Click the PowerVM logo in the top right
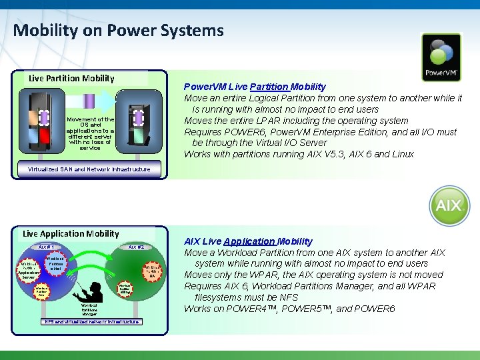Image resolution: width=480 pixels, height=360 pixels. [441, 57]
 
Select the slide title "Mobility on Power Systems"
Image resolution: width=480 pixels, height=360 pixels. [118, 30]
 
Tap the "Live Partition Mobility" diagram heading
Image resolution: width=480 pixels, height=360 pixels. [71, 78]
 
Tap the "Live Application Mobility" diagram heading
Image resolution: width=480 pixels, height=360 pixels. [71, 233]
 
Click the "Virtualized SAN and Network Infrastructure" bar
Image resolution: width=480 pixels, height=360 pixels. [89, 169]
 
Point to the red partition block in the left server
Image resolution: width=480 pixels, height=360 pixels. [45, 137]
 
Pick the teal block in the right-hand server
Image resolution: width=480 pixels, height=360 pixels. [139, 137]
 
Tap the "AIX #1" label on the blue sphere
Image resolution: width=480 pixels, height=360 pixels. [46, 247]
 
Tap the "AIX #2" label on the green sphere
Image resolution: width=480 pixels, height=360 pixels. [136, 247]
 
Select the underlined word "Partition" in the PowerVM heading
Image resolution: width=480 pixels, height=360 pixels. [269, 87]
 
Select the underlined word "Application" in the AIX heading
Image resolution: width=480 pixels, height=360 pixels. [249, 241]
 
